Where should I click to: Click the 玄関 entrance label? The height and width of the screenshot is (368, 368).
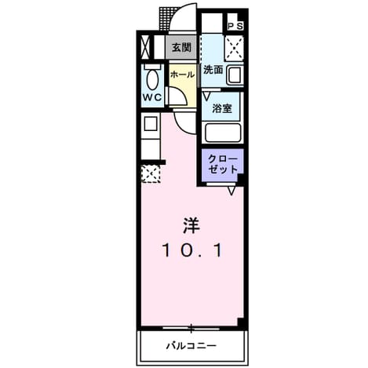tap(181, 48)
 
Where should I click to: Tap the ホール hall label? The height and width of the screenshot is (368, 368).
tap(183, 75)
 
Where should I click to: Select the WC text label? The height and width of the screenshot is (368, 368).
tap(152, 97)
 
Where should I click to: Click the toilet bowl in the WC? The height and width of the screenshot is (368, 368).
tap(153, 78)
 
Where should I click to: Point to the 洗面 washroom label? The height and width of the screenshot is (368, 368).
tap(213, 70)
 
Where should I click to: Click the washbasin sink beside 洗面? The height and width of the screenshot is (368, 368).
tap(235, 75)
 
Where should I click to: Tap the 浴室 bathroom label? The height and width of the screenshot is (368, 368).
tap(222, 108)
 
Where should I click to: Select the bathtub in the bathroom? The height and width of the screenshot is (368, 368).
tap(223, 133)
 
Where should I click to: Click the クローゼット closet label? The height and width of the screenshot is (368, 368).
tap(223, 165)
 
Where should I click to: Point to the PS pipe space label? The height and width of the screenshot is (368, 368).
tap(235, 26)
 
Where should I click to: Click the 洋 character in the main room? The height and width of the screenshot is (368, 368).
tap(191, 225)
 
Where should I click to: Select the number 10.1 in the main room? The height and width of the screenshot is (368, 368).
tap(192, 250)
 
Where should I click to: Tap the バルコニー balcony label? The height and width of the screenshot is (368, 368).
tap(191, 346)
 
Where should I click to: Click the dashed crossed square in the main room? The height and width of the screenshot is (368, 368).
tap(151, 174)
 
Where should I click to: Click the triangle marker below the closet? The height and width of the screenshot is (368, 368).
tap(231, 191)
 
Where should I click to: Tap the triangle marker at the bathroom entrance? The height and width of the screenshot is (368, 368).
tap(206, 96)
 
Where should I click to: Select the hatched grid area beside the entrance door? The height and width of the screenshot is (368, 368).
tap(165, 19)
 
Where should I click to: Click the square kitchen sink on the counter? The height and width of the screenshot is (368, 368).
tap(151, 124)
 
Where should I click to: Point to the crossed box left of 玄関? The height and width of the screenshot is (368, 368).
tap(145, 48)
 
